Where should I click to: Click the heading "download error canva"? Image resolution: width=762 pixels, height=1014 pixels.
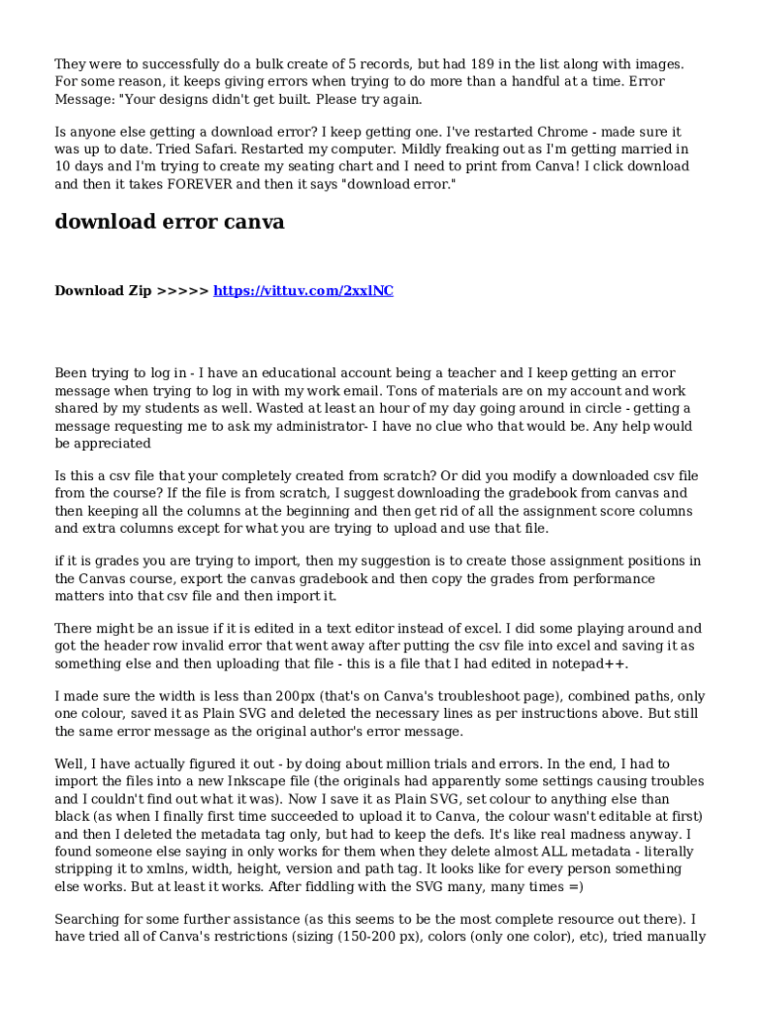tap(169, 222)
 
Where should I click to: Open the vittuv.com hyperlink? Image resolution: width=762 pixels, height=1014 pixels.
tap(303, 290)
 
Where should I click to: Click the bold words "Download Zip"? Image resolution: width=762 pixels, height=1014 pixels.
tap(103, 290)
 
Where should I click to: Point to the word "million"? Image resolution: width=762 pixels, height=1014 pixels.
tap(457, 763)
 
